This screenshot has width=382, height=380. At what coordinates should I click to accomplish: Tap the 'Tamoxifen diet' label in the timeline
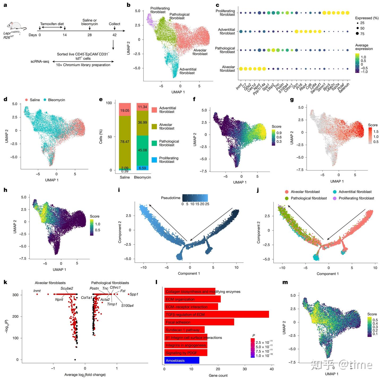[x=52, y=24]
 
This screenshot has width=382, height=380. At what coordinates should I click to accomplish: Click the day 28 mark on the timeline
[x=90, y=35]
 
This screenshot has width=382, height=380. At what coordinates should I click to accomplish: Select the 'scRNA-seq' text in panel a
[x=40, y=61]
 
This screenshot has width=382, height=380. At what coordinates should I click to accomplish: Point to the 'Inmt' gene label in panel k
[x=37, y=291]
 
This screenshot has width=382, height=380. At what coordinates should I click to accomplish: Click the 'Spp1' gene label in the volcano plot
[x=134, y=294]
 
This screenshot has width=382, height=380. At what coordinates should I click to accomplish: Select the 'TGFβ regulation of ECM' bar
[x=216, y=315]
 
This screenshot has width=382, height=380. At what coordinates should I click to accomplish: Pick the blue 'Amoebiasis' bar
[x=182, y=360]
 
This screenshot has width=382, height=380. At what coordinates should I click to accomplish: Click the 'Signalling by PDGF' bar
[x=186, y=353]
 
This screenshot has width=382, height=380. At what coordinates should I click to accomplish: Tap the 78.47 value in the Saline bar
[x=125, y=142]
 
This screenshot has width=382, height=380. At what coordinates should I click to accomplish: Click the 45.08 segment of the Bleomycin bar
[x=142, y=150]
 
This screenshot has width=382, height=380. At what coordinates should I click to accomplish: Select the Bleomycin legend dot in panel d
[x=45, y=100]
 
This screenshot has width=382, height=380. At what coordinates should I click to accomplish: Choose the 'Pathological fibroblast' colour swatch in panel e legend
[x=154, y=143]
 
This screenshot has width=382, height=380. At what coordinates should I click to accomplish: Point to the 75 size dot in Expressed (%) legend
[x=357, y=34]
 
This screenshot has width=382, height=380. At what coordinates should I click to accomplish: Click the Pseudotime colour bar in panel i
[x=195, y=198]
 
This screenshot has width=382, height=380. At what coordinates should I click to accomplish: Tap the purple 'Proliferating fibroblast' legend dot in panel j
[x=335, y=198]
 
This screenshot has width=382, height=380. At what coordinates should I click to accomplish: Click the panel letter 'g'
[x=292, y=100]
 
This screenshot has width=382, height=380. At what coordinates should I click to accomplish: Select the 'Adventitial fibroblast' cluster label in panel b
[x=188, y=71]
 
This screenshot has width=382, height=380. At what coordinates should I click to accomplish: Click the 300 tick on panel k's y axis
[x=16, y=295]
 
